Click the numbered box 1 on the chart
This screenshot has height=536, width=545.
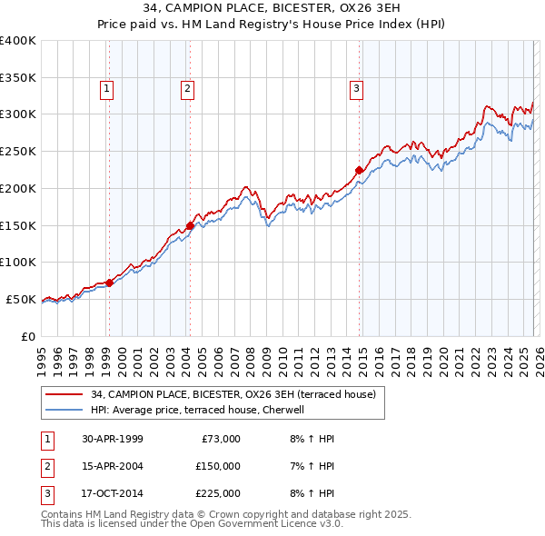pyautogui.click(x=107, y=88)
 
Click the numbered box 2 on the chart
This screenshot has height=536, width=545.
pyautogui.click(x=187, y=88)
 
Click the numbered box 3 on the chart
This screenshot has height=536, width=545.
pyautogui.click(x=356, y=88)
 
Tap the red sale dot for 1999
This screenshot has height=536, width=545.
pyautogui.click(x=109, y=283)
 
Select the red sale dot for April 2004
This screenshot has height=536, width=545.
pyautogui.click(x=190, y=225)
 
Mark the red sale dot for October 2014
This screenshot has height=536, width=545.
pyautogui.click(x=359, y=170)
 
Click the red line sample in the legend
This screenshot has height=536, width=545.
pyautogui.click(x=64, y=394)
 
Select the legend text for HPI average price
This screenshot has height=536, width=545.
pyautogui.click(x=201, y=410)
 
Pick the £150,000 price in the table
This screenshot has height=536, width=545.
pyautogui.click(x=217, y=466)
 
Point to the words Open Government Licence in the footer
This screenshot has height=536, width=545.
pyautogui.click(x=248, y=524)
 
